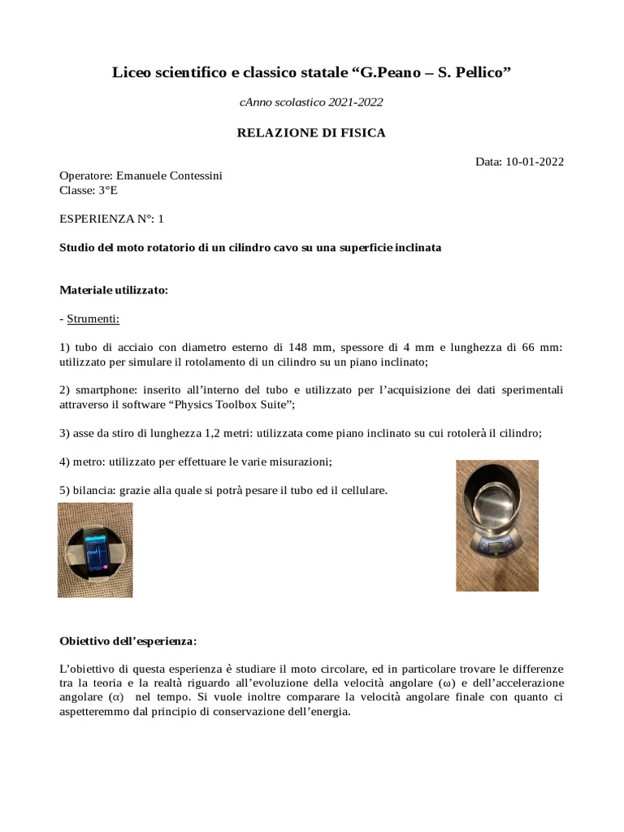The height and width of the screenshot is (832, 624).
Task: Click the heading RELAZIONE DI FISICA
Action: pyautogui.click(x=311, y=132)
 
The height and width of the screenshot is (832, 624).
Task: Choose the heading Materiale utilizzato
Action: pyautogui.click(x=114, y=290)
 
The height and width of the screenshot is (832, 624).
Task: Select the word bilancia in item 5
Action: pyautogui.click(x=92, y=491)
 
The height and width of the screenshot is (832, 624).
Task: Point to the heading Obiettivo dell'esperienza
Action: pyautogui.click(x=128, y=641)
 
